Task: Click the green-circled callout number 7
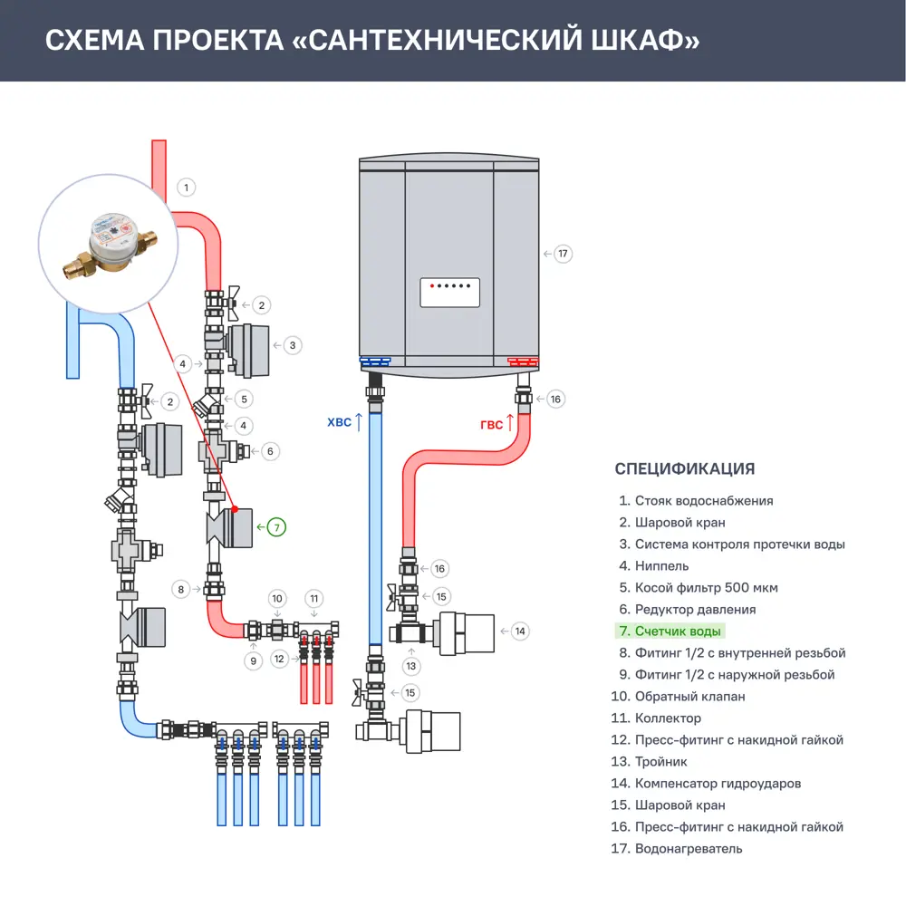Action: coord(276,525)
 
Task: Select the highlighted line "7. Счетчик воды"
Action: coord(670,631)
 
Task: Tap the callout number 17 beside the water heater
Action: coord(563,254)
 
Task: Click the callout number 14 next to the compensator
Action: coord(519,631)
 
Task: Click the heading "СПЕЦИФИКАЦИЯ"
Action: coord(684,469)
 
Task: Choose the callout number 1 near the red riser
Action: coord(186,188)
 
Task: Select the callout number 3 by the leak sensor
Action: coord(292,345)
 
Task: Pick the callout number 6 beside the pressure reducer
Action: coord(269,450)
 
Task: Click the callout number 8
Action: coord(181,590)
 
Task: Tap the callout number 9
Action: coord(253,661)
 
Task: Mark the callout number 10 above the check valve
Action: coord(278,598)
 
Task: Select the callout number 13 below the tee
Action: coord(411,666)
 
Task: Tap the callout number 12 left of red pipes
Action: coord(280,658)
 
